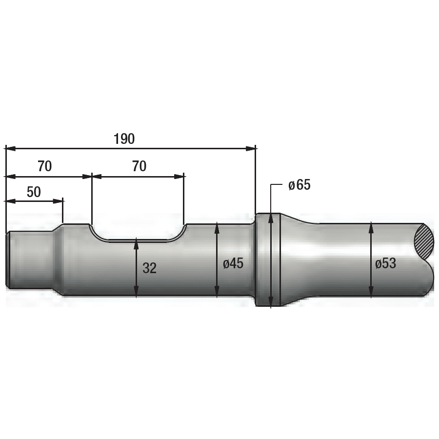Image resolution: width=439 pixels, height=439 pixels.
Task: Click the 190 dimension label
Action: coord(124,139)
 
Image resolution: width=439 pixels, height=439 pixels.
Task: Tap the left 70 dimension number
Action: coord(45,166)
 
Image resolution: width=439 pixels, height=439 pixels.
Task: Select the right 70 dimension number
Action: coord(140,166)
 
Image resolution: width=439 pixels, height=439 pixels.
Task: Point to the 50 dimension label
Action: coord(34,192)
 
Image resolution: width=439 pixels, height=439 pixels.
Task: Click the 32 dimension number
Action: coord(150,268)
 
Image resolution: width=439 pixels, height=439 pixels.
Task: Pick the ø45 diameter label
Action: coord(233,264)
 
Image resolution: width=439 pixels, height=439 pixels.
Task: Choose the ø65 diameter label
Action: coord(299,185)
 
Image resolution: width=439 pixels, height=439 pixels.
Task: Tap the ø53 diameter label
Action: coord(385,264)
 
